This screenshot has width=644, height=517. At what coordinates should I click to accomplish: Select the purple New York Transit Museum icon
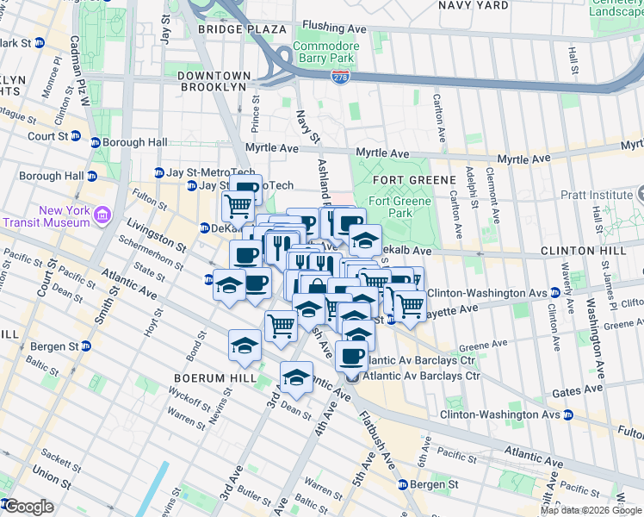coord(102,214)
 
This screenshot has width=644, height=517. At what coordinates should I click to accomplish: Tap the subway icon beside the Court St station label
coord(75,136)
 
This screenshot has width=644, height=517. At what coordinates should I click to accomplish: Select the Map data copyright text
coord(591,510)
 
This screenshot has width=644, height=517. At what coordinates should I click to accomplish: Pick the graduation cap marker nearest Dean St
coord(296,378)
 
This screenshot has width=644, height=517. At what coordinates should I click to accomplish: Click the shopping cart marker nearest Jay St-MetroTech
coord(237,206)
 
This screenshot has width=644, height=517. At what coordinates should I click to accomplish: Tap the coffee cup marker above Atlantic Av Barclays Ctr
coord(351,355)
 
